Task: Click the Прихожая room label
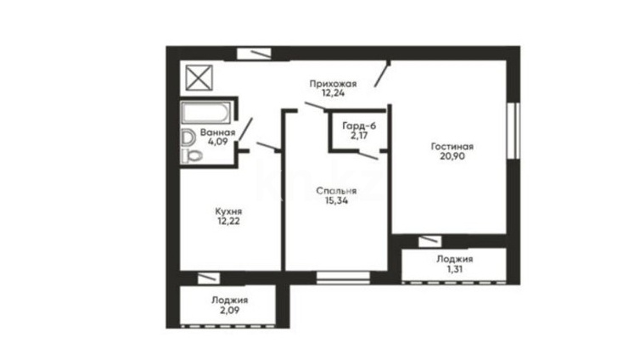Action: (333, 84)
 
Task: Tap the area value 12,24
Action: (333, 93)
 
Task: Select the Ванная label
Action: (217, 132)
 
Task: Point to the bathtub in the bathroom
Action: (205, 113)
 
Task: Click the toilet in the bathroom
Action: (192, 155)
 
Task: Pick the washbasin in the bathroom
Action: (188, 138)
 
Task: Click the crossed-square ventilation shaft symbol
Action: (199, 77)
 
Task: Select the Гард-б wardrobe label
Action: (359, 126)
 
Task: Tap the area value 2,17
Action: (359, 136)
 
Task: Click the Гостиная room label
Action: (452, 147)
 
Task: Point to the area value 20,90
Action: (452, 156)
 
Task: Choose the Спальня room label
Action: (336, 191)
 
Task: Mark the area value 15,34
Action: (337, 200)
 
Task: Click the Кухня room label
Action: (228, 211)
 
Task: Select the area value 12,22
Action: (228, 222)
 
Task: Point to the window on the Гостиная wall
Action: (514, 131)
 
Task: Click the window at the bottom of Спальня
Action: (343, 278)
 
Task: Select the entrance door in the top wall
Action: (255, 53)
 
